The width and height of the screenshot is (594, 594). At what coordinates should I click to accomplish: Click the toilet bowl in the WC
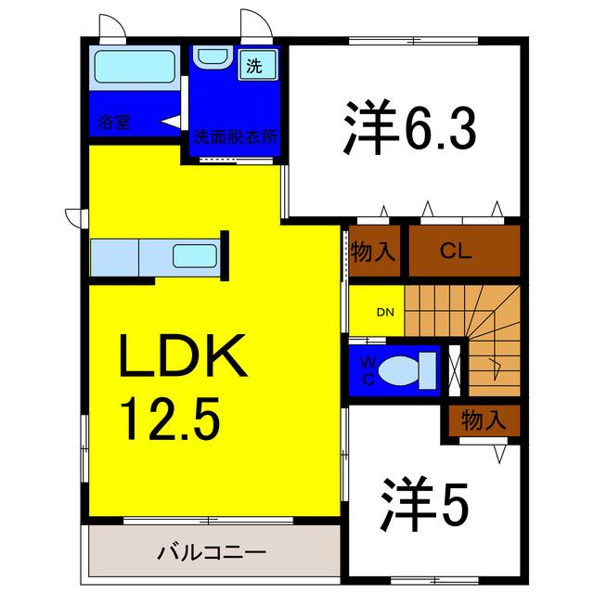pyautogui.click(x=399, y=370)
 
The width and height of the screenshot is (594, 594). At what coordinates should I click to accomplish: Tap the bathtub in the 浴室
pyautogui.click(x=135, y=67)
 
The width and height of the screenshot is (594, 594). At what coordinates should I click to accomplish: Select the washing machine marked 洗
pyautogui.click(x=258, y=65)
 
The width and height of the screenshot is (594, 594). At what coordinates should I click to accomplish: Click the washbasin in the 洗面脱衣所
pyautogui.click(x=213, y=58)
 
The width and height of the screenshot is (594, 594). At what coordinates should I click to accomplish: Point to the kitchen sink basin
pyautogui.click(x=195, y=256)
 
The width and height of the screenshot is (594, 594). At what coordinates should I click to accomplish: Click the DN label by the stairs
pyautogui.click(x=385, y=312)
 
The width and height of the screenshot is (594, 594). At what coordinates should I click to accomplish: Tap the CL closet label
pyautogui.click(x=456, y=251)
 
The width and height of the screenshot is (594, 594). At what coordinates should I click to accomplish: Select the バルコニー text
pyautogui.click(x=212, y=553)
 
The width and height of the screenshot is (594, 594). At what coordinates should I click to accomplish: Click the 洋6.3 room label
pyautogui.click(x=409, y=128)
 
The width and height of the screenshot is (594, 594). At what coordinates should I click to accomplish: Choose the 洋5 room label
pyautogui.click(x=425, y=504)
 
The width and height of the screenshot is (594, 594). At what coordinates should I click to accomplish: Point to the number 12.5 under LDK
pyautogui.click(x=170, y=419)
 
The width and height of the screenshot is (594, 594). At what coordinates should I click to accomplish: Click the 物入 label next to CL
pyautogui.click(x=373, y=252)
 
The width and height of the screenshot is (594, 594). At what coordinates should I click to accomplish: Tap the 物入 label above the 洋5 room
pyautogui.click(x=484, y=420)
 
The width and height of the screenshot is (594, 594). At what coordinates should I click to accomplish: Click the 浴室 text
pyautogui.click(x=113, y=122)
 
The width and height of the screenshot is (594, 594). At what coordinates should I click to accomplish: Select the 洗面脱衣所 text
pyautogui.click(x=235, y=137)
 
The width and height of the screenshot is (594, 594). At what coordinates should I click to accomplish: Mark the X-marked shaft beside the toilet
pyautogui.click(x=454, y=370)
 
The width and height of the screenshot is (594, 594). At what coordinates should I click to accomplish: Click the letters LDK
pyautogui.click(x=184, y=355)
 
